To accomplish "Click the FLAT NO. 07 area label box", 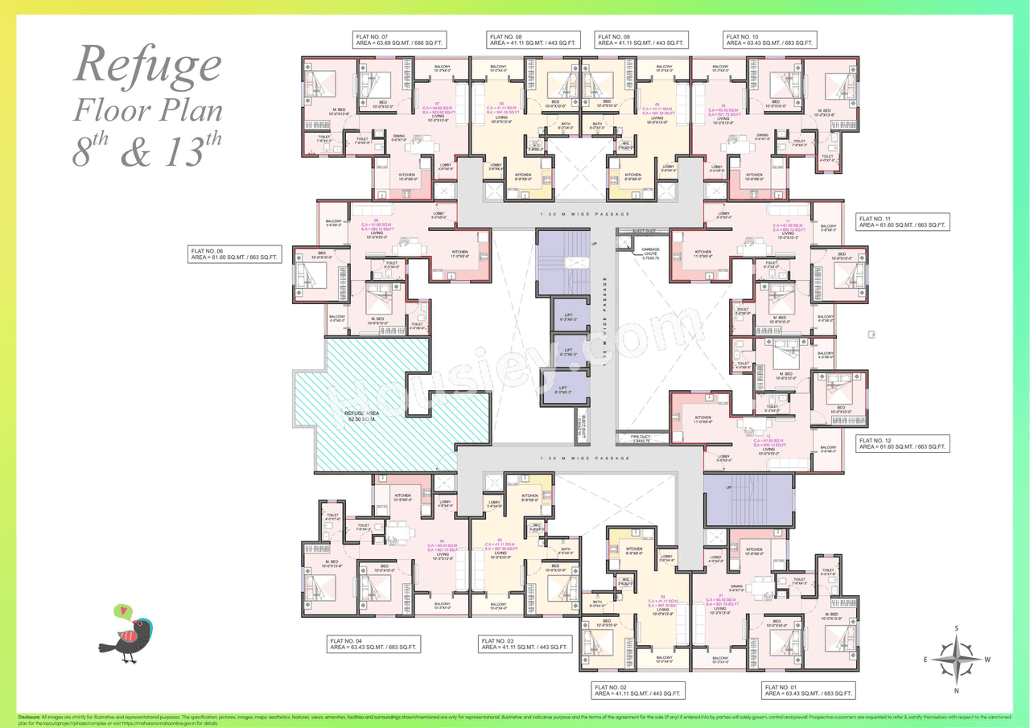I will tap(401, 40).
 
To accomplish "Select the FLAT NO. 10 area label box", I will tap(770, 40).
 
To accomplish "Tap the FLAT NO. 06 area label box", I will tap(235, 254).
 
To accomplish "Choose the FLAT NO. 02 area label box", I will tap(638, 690).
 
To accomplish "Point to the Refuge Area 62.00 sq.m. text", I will tap(362, 416).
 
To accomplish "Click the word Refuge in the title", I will tap(147, 66).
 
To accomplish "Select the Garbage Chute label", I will tap(651, 251).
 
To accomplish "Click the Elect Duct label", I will tap(645, 231).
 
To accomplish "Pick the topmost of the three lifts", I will tap(568, 315).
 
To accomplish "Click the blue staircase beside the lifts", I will tap(563, 261).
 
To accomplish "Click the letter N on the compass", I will tap(956, 690).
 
